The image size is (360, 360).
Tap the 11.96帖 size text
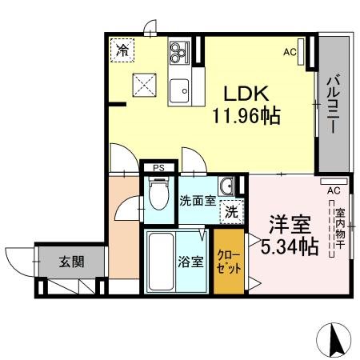tap(246, 117)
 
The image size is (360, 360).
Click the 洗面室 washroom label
tap(197, 201)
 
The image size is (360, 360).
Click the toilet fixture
tap(158, 195)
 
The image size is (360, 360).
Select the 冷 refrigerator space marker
tap(122, 50)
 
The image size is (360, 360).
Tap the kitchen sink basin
tap(178, 89)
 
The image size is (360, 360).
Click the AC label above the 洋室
tap(334, 190)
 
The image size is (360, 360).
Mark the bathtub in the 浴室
tap(162, 261)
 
